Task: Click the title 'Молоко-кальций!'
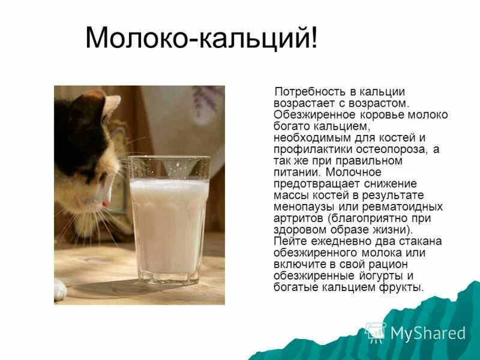click(x=201, y=39)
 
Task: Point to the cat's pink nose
click(x=106, y=203)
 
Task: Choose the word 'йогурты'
click(x=388, y=276)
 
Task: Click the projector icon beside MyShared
click(x=376, y=332)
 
